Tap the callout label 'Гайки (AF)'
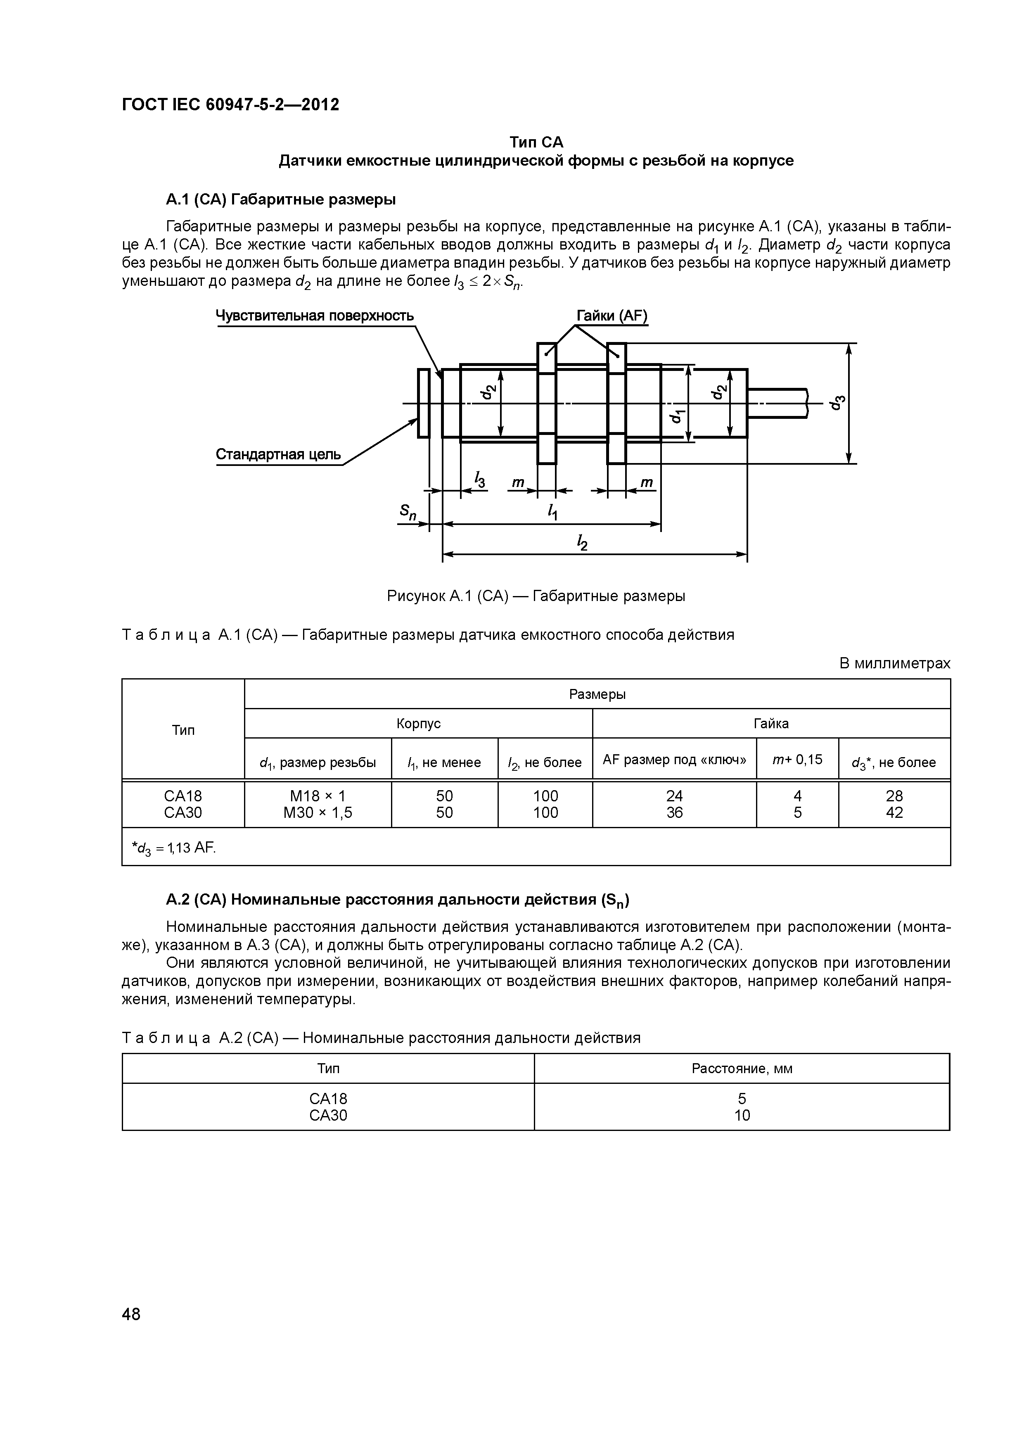[x=612, y=316]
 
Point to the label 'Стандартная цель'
[x=278, y=454]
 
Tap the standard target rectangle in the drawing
[x=423, y=403]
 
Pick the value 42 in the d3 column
[x=894, y=813]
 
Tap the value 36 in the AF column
[x=674, y=813]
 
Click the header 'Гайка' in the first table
[x=771, y=724]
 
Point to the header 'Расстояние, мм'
[x=742, y=1069]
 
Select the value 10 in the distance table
[x=742, y=1115]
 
